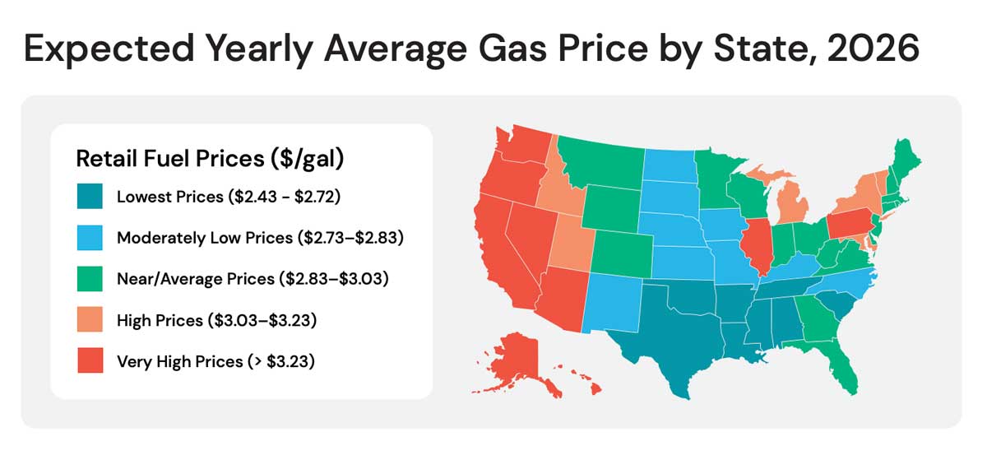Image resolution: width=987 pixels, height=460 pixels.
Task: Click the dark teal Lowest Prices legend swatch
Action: [x=90, y=197]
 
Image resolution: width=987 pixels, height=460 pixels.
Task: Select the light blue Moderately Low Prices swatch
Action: [x=90, y=239]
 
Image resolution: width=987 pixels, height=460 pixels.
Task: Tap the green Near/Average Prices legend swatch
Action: [x=90, y=280]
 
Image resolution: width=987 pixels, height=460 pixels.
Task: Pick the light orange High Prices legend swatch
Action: [x=90, y=321]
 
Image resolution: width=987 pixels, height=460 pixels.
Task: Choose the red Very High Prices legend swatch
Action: [x=90, y=362]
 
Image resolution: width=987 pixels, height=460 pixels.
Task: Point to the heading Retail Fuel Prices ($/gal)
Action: [x=210, y=159]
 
